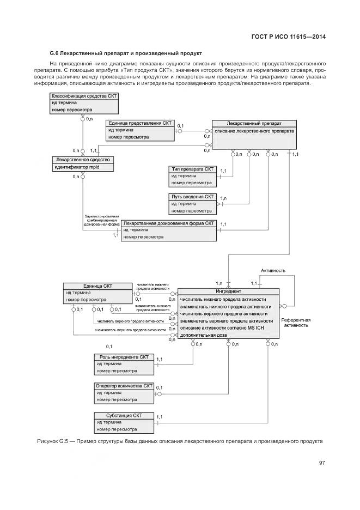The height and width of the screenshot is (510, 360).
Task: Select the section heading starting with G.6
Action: pos(126,53)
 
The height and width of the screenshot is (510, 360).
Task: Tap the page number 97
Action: pos(322,463)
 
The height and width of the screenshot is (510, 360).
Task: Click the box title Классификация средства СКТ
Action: pos(84,96)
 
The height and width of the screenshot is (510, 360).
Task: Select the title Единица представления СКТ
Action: pos(141,123)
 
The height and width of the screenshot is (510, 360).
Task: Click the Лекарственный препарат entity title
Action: pos(254,123)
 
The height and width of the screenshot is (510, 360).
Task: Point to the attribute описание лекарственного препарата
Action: pos(254,131)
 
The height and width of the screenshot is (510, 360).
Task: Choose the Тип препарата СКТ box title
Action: pos(193,169)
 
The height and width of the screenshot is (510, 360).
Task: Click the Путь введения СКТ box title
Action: pos(193,196)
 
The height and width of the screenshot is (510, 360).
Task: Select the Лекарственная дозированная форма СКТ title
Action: pos(169,223)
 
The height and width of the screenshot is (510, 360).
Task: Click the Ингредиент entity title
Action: pos(229,292)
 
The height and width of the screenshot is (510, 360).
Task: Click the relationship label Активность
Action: pos(273,270)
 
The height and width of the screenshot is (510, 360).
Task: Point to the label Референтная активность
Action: pos(296,322)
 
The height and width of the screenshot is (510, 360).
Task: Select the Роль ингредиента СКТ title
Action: pos(124,357)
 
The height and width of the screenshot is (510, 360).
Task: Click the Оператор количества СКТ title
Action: pos(125,385)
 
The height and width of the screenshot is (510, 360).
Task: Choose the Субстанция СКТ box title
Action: pos(124,415)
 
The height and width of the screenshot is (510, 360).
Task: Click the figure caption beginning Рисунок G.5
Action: pos(180,440)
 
